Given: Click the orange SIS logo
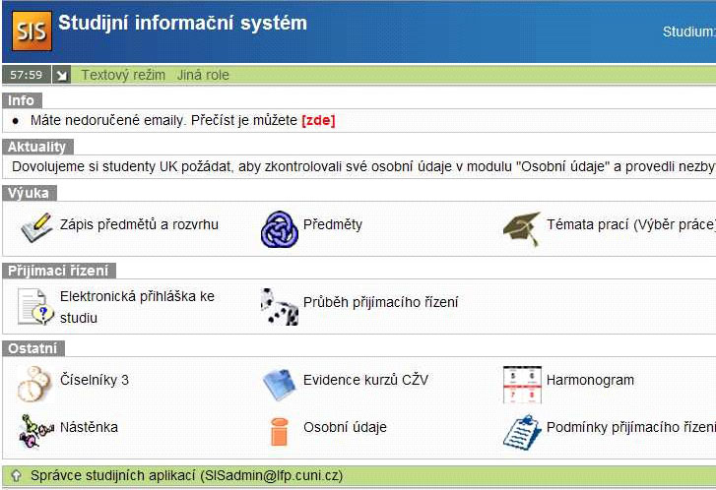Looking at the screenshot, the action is click(32, 31).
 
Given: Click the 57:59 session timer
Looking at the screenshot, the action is click(26, 75).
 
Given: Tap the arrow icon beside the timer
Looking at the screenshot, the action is click(61, 75).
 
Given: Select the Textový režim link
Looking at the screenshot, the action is click(123, 75).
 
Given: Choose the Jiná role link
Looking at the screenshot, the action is click(203, 75).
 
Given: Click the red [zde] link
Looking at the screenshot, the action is click(318, 120).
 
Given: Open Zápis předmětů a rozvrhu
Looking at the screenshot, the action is click(139, 224).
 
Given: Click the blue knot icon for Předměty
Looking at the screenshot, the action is click(280, 229).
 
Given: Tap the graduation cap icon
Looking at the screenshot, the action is click(522, 229).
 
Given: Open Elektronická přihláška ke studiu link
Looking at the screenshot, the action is click(137, 307).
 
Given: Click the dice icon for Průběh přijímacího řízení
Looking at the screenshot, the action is click(280, 307).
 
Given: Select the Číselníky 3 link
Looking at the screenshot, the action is click(95, 380).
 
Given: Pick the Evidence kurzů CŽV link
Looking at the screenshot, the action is click(365, 380).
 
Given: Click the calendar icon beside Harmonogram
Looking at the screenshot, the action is click(522, 385).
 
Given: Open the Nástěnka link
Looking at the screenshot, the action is click(89, 427).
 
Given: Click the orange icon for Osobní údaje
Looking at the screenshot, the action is click(279, 432).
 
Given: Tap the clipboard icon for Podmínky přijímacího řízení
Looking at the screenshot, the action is click(522, 432).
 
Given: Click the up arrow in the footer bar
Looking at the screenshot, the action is click(16, 476).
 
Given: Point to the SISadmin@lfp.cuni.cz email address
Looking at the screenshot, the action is click(272, 476).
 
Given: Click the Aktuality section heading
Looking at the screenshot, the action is click(37, 147).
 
